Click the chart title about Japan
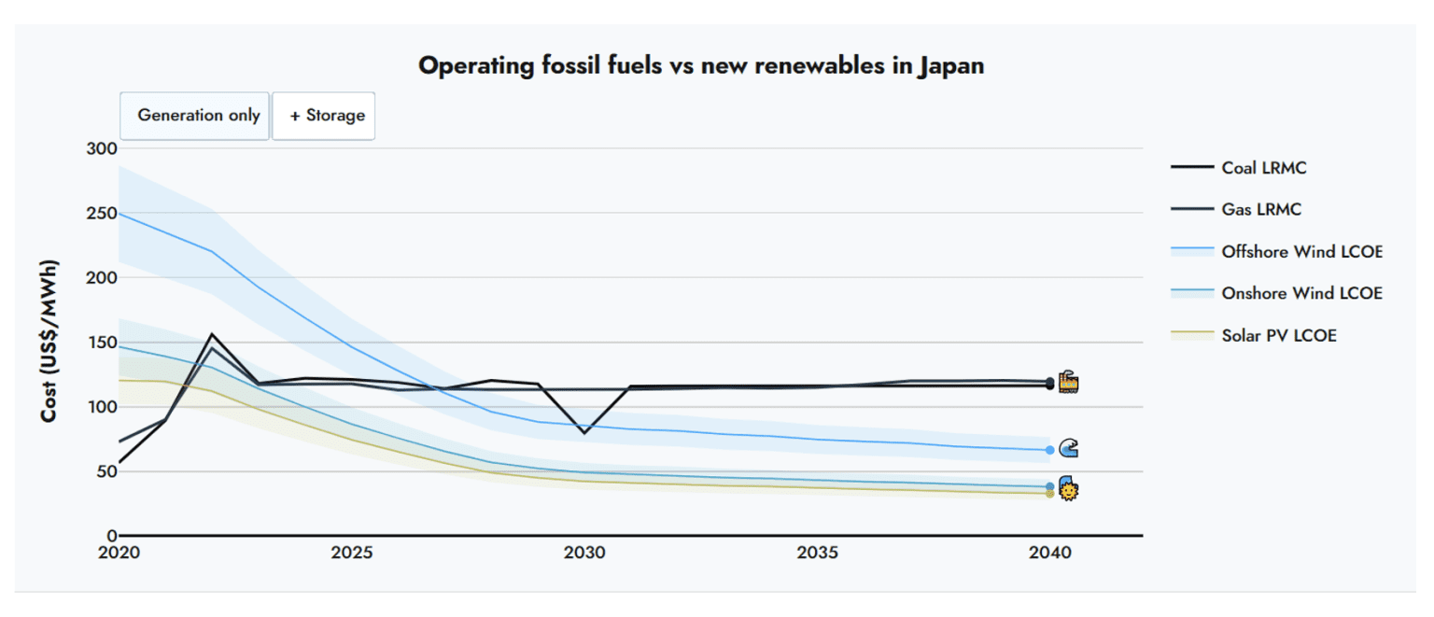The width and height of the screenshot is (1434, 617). pos(700,66)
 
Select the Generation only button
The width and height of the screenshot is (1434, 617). pos(195,116)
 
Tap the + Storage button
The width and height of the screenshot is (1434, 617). pos(324,116)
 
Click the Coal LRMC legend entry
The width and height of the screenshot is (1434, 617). pos(1263,168)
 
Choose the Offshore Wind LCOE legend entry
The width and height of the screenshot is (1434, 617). pos(1301,252)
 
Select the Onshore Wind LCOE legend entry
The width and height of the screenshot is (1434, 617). pos(1301,293)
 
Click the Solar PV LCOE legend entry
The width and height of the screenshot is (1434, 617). pos(1278,335)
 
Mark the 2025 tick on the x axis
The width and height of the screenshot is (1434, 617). pos(351,553)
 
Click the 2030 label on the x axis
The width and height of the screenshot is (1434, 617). pos(584,553)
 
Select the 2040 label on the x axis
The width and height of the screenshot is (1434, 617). pos(1049,553)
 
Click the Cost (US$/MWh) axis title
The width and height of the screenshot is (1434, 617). pos(49,341)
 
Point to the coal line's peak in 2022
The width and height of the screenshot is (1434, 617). pos(213,334)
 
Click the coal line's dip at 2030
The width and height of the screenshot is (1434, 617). pos(584,432)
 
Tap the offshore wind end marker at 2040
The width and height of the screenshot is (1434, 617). pos(1050,450)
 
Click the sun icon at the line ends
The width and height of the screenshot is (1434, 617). pos(1069,492)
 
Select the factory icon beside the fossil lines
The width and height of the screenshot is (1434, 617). pos(1069,382)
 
